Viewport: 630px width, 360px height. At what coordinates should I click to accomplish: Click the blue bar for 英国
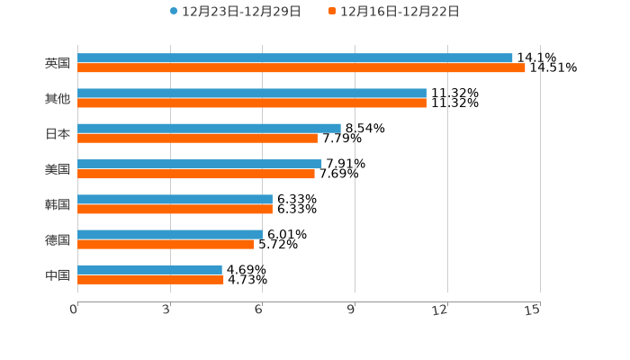295,58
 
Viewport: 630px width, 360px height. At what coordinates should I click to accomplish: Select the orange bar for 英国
301,67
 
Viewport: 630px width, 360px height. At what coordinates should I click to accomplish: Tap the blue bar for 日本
209,128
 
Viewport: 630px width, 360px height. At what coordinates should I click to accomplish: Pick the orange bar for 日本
197,138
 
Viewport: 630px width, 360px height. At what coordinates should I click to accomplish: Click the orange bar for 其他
252,103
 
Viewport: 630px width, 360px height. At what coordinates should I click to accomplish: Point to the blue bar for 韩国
175,199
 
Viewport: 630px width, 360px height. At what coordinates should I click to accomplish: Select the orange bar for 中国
150,279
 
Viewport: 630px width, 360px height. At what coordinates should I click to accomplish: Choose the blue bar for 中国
149,269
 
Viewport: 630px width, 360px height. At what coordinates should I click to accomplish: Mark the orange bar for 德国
166,244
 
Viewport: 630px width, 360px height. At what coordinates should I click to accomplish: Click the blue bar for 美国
200,164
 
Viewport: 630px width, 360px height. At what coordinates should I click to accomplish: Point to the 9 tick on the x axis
352,310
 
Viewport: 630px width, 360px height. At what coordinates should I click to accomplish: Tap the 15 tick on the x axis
533,310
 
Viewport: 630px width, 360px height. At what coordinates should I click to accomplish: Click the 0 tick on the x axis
74,310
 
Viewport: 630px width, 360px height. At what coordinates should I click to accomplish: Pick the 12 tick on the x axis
440,310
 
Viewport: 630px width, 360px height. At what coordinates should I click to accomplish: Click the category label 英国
58,63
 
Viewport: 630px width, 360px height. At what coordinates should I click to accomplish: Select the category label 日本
58,133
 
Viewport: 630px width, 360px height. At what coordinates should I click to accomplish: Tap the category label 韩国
58,204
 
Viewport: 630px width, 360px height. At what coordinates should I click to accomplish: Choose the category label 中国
58,274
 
